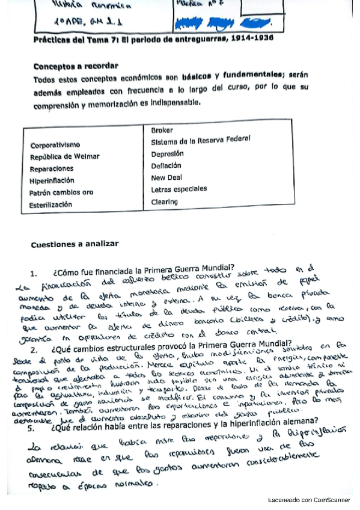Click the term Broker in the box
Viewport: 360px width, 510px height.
point(162,130)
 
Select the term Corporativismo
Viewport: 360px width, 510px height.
point(55,145)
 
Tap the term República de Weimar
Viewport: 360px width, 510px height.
point(65,156)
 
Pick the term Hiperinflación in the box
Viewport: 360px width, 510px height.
point(52,180)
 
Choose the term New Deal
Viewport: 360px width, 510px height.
point(167,178)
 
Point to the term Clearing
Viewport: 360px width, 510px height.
point(165,202)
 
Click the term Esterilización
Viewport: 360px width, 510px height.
point(51,204)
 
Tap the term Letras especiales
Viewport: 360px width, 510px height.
point(179,189)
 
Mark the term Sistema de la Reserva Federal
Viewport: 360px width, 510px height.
point(200,141)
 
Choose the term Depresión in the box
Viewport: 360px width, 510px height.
point(167,153)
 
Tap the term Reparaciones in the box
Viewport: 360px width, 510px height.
point(52,169)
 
